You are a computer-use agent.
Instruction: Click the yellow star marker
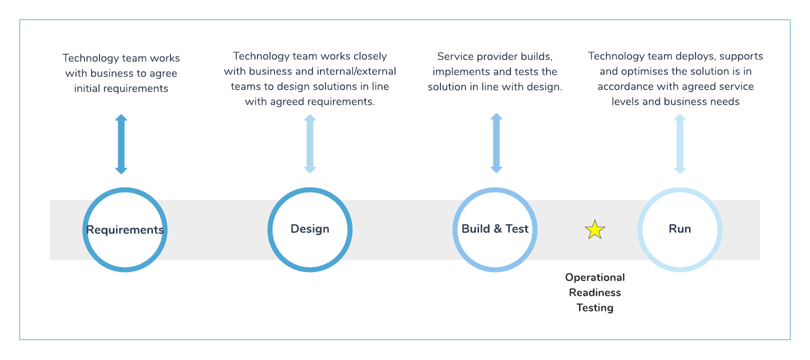click(595, 230)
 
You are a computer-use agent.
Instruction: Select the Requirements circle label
click(125, 230)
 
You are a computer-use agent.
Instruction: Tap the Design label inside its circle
click(310, 229)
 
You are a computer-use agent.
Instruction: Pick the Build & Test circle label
click(495, 229)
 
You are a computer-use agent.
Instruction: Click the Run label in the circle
click(680, 229)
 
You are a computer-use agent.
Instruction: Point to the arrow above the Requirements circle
click(121, 144)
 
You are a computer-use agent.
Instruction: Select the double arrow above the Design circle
click(310, 144)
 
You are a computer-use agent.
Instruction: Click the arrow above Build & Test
click(496, 143)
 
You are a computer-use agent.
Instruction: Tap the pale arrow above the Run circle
click(679, 144)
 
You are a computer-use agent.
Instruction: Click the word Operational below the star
click(595, 277)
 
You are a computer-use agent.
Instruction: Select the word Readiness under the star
click(595, 292)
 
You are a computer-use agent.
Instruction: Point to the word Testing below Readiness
click(595, 307)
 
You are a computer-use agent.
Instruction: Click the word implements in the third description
click(457, 71)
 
